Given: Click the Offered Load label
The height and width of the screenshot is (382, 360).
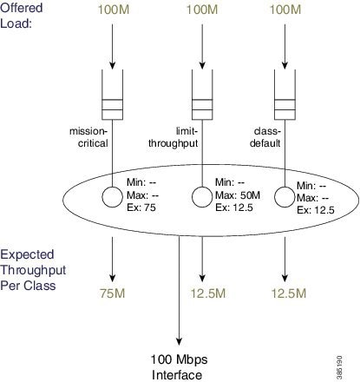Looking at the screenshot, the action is [22, 16].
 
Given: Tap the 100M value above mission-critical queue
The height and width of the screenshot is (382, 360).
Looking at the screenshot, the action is [114, 10].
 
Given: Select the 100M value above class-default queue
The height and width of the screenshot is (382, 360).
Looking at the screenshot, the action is [285, 10].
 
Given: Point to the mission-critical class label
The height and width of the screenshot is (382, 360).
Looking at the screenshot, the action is [88, 137].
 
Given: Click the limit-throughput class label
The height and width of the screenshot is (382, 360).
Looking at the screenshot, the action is [173, 137].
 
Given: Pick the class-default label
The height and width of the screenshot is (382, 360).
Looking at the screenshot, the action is [265, 137].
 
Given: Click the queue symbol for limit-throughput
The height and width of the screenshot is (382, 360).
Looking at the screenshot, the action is [202, 95].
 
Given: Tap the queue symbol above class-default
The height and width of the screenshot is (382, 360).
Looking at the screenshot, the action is [285, 95].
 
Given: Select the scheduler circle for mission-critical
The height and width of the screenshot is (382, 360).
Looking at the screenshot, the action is [102, 197].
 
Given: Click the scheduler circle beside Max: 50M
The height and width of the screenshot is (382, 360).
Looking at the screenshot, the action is [192, 197].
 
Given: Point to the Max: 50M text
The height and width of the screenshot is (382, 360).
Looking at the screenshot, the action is [238, 195].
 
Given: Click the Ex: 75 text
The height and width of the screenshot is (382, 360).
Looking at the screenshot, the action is [141, 207].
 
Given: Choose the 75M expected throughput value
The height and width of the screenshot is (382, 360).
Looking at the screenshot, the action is [113, 293].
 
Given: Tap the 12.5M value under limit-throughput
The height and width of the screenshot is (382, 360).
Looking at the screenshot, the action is [208, 293].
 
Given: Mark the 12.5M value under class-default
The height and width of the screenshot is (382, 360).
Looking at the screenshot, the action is [289, 293].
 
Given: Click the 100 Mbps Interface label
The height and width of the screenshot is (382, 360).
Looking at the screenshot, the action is [179, 367].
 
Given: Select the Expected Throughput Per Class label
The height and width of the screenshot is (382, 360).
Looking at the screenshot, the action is [33, 270].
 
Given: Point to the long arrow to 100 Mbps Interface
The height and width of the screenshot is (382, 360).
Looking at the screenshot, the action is [179, 291].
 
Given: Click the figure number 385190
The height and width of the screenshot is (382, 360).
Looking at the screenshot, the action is [339, 367].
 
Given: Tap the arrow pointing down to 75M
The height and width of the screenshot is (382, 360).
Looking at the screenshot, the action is [112, 260].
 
